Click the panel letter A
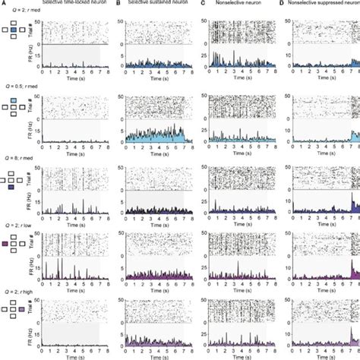[x=3, y=4]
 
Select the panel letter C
[x=201, y=4]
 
